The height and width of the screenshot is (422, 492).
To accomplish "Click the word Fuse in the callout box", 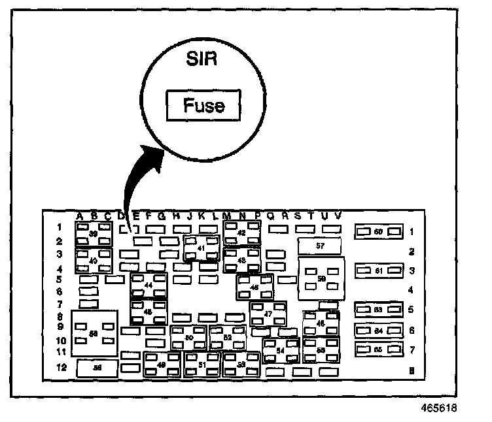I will pos(203,105).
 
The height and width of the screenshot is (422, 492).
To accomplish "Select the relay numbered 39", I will pos(94,234).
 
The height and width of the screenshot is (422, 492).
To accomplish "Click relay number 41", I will pos(201,248).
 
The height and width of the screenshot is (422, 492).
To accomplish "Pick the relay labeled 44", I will pos(149,285).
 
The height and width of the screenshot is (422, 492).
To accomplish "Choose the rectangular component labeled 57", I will pos(320,246).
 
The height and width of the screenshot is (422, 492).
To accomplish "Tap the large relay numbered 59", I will pos(321,278).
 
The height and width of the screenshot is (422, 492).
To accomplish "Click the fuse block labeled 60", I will pos(378,232).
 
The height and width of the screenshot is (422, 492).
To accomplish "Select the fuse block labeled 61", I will pos(378,270).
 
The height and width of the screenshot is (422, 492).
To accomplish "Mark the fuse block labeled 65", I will pos(378,350).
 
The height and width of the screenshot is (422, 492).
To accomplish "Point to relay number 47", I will pos(268,314).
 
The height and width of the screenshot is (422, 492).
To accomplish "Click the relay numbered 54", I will pos(281,351).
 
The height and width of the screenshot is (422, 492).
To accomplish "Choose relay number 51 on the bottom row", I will pos(202,365).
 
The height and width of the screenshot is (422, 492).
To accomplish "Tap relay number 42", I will pos(241,233).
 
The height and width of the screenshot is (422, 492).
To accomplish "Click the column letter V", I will pos(338,216).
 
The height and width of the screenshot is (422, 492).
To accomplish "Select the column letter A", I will pos(79,216).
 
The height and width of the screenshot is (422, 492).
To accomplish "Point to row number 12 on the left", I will pos(60,367).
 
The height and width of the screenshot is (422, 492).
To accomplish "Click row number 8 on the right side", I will pos(411,370).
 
